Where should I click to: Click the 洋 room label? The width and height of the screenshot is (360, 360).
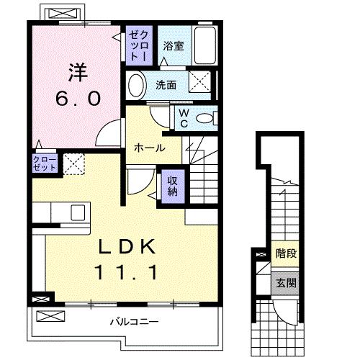[x=78, y=73]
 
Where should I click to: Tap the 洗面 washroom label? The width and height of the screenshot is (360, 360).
[x=166, y=85]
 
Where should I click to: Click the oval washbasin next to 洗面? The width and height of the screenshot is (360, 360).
[x=136, y=85]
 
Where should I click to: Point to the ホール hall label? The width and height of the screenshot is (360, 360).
[x=149, y=148]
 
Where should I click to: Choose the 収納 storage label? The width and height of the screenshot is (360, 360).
[x=173, y=186]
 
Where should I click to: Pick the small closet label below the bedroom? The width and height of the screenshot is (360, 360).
[x=45, y=163]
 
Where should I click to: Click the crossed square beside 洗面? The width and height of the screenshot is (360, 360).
[x=199, y=82]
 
